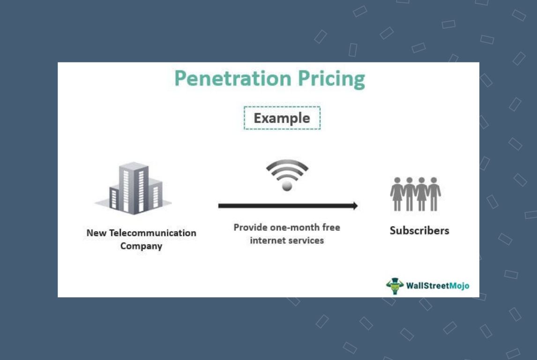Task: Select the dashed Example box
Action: tap(282, 118)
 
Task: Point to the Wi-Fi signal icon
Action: tap(287, 174)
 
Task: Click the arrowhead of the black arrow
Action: tap(354, 205)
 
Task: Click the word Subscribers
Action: tap(419, 231)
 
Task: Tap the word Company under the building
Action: tap(141, 246)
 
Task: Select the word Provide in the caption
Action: tap(250, 228)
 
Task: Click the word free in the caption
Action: tap(330, 228)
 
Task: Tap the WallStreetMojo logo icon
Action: tap(395, 285)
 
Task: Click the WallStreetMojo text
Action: tap(437, 285)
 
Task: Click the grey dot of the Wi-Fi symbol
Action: tap(287, 186)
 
